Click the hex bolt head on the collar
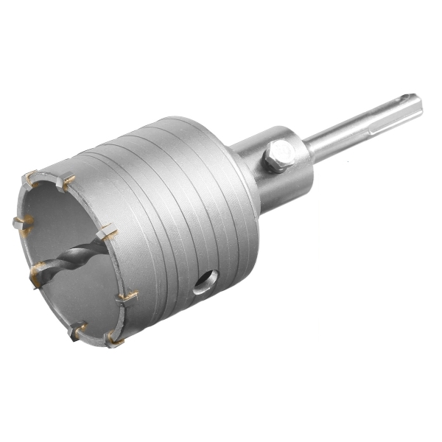pos(279,157)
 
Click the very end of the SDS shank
pos(418,103)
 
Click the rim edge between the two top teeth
pos(48,175)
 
